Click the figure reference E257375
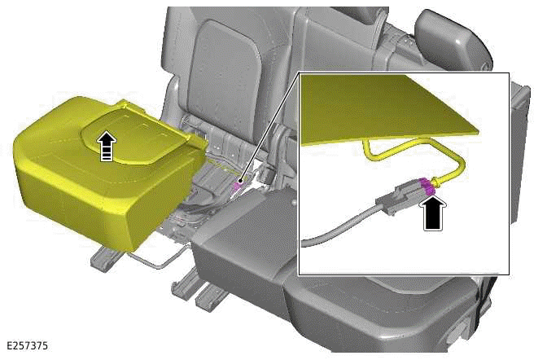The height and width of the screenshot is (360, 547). point(27,345)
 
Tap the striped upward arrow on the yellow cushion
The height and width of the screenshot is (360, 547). point(107,146)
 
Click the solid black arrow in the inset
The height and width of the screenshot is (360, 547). point(434,213)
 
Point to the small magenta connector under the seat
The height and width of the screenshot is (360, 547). point(238,185)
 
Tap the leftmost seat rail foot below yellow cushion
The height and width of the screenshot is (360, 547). point(105,257)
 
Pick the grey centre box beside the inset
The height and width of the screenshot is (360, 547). point(244,252)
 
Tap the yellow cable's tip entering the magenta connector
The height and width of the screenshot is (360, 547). point(435,182)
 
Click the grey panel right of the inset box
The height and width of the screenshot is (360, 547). point(520,154)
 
